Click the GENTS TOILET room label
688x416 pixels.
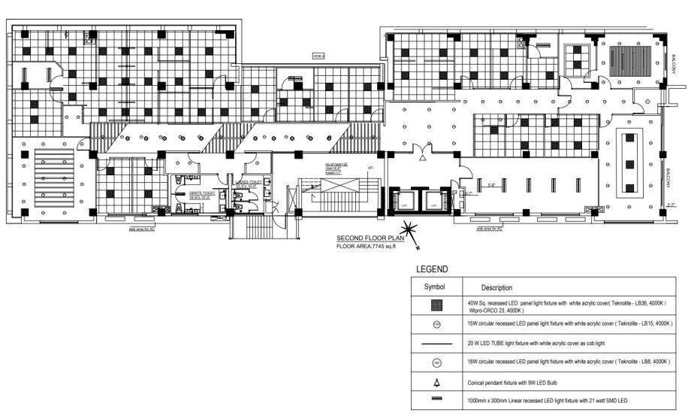point(202,193)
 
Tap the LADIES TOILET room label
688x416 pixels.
point(249,182)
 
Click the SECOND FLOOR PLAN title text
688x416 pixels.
point(370,238)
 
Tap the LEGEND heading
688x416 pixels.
point(431,269)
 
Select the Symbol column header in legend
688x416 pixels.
point(435,287)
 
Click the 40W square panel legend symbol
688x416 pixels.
point(437,305)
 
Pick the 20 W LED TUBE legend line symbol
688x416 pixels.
point(437,343)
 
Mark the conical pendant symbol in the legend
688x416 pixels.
point(437,381)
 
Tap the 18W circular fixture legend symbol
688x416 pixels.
point(437,362)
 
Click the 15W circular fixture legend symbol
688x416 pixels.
point(437,324)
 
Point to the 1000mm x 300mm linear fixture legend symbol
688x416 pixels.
point(437,399)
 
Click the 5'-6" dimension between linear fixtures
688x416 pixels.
point(490,185)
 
